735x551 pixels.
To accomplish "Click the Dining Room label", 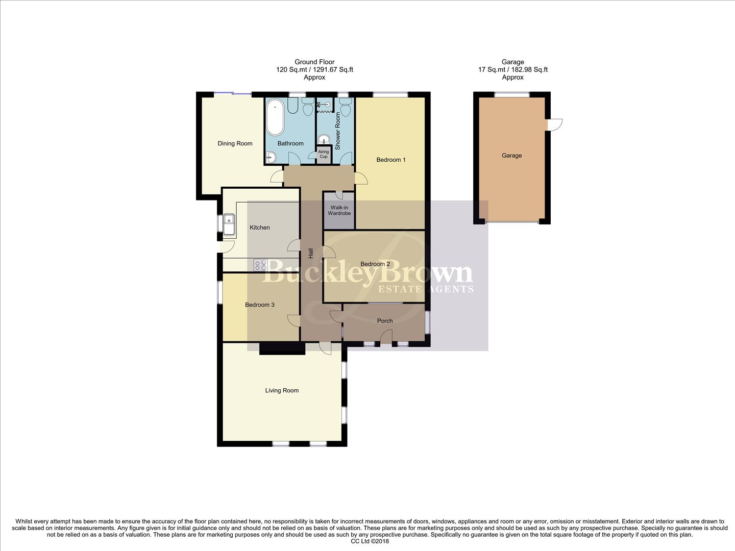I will [235, 143].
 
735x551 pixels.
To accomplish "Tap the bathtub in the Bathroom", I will [275, 117].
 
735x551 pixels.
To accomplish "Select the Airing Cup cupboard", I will [323, 154].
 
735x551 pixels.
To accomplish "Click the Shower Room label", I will [337, 131].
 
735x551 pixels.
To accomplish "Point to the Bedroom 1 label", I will [391, 160].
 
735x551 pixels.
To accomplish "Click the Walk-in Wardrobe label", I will [339, 210].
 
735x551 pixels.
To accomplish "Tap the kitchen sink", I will [229, 226].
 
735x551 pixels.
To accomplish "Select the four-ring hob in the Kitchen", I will [260, 265].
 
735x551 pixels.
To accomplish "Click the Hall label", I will [310, 253].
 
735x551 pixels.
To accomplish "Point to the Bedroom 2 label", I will [375, 264].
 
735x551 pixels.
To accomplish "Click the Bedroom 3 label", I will [260, 305].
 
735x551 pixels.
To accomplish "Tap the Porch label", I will [385, 321].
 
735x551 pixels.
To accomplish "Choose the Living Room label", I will [282, 390].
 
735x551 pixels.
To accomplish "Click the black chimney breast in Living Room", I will [282, 348].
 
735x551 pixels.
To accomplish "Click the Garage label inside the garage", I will [511, 156].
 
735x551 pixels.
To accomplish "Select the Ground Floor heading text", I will [314, 62].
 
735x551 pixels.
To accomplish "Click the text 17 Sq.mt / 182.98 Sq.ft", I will [512, 69].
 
